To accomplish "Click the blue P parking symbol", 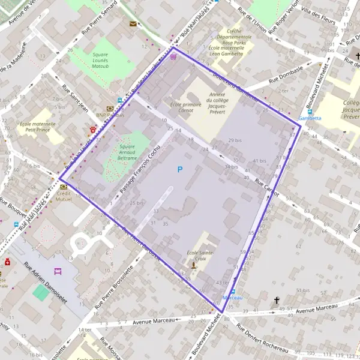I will pyautogui.click(x=179, y=170).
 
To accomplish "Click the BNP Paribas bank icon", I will pyautogui.click(x=110, y=109).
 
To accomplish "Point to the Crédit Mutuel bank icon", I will pyautogui.click(x=64, y=187).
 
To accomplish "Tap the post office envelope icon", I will pyautogui.click(x=133, y=24).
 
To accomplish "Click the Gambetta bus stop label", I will pyautogui.click(x=310, y=118).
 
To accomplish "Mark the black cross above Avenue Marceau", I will pyautogui.click(x=277, y=299).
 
